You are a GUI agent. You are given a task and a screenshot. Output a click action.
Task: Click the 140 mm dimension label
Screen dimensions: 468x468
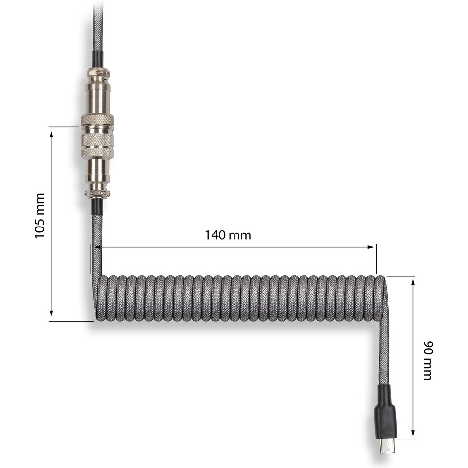click(x=228, y=235)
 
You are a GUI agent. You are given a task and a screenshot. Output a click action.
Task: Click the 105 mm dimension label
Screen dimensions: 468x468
click(x=39, y=215)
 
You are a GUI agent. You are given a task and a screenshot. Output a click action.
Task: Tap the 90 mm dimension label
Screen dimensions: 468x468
click(x=428, y=360)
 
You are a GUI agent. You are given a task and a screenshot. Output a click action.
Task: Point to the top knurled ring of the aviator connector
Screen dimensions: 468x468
click(x=98, y=119)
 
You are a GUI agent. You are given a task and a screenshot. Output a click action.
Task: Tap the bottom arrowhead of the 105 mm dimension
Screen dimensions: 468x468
click(x=51, y=313)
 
